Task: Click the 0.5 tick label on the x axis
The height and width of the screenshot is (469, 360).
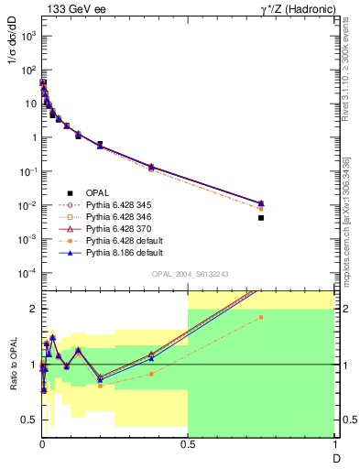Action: point(188,445)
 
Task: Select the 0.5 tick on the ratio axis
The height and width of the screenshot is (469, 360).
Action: point(27,420)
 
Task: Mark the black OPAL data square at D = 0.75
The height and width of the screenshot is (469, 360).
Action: point(261,218)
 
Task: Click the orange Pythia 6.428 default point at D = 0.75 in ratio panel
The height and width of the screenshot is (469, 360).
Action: point(261,317)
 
